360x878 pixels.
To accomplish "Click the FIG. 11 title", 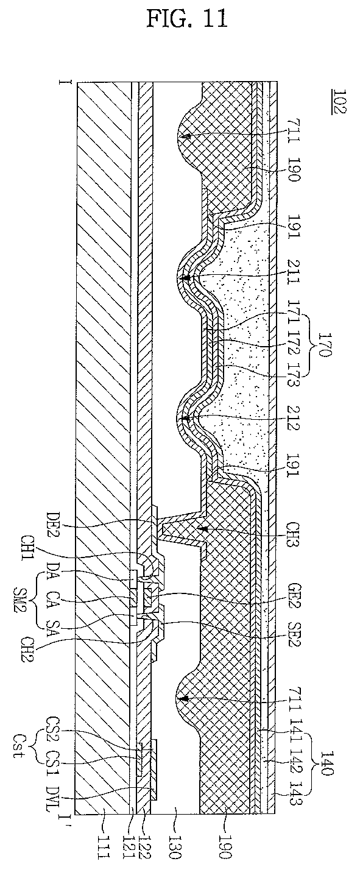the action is point(187,18).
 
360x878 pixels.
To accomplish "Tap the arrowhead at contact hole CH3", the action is point(202,528).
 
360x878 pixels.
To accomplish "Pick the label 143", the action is point(292,793).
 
